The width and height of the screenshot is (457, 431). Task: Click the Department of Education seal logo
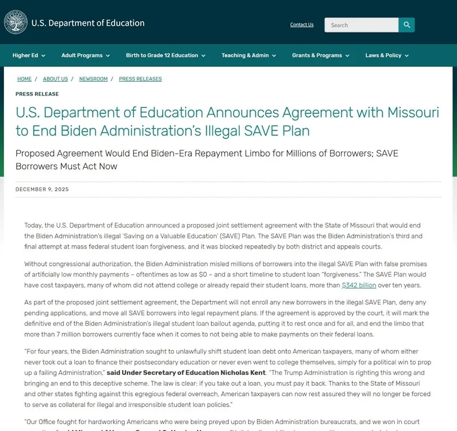15,22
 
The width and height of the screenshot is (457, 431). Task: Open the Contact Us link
302,25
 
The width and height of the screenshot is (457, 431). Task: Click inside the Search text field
361,25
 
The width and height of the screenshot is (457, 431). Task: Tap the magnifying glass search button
407,25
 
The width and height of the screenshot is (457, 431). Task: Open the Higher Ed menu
29,55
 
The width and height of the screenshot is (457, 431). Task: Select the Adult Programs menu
86,55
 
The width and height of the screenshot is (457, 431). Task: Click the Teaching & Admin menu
248,55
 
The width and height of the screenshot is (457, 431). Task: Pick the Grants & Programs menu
320,55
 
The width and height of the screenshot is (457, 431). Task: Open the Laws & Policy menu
387,55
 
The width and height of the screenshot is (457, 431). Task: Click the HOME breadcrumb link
24,79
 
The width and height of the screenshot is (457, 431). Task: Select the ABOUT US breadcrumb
55,79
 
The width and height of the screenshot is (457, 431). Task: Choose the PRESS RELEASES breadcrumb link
140,79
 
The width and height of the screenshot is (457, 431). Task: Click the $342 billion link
359,285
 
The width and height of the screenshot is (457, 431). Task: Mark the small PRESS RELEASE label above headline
37,94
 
